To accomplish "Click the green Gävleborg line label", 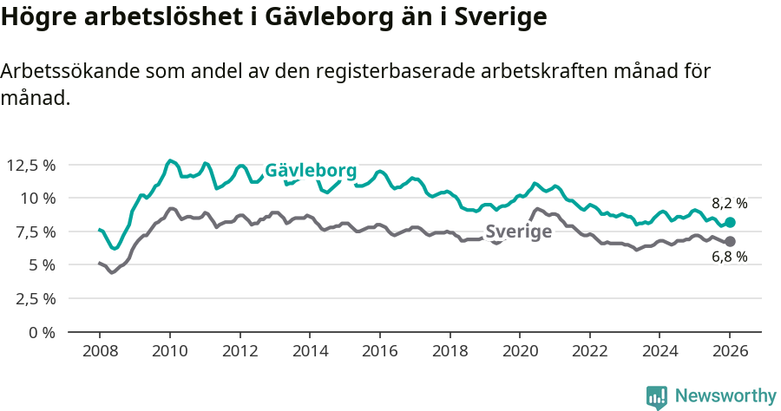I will (x=310, y=171).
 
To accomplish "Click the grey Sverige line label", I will (x=518, y=232).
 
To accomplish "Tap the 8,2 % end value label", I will (x=729, y=204).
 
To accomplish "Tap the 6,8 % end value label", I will (x=729, y=257).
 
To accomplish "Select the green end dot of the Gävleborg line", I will (x=730, y=223).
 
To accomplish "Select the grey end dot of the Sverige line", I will (x=730, y=241).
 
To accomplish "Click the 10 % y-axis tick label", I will (x=37, y=198).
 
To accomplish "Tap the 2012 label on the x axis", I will (x=240, y=353).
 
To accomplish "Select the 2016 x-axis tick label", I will (x=379, y=353).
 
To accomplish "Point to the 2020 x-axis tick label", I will (x=520, y=353).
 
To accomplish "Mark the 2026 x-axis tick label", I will (x=730, y=353).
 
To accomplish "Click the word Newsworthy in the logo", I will (x=725, y=396).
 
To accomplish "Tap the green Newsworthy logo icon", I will (x=657, y=397).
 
